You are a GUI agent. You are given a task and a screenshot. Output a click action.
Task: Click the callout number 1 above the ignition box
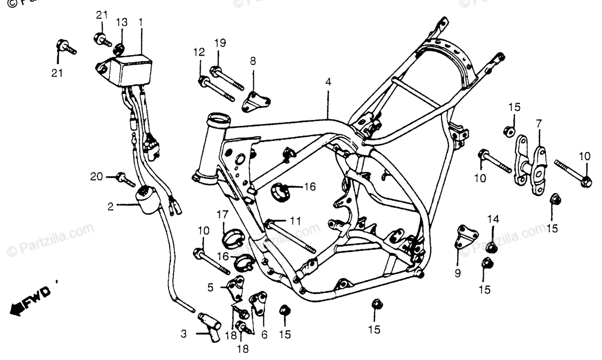coord(141,22)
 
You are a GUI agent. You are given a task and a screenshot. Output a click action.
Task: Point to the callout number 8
coord(253,61)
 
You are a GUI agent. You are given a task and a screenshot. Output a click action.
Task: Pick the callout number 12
coord(199,52)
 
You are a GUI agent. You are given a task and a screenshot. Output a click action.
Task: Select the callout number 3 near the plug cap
coord(184,333)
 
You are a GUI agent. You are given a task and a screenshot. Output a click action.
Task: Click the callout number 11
coord(295,220)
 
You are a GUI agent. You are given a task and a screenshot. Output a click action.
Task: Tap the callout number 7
coord(539,123)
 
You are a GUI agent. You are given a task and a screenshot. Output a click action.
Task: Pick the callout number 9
coord(458,273)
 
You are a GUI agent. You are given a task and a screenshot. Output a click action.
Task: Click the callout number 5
coord(211,287)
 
